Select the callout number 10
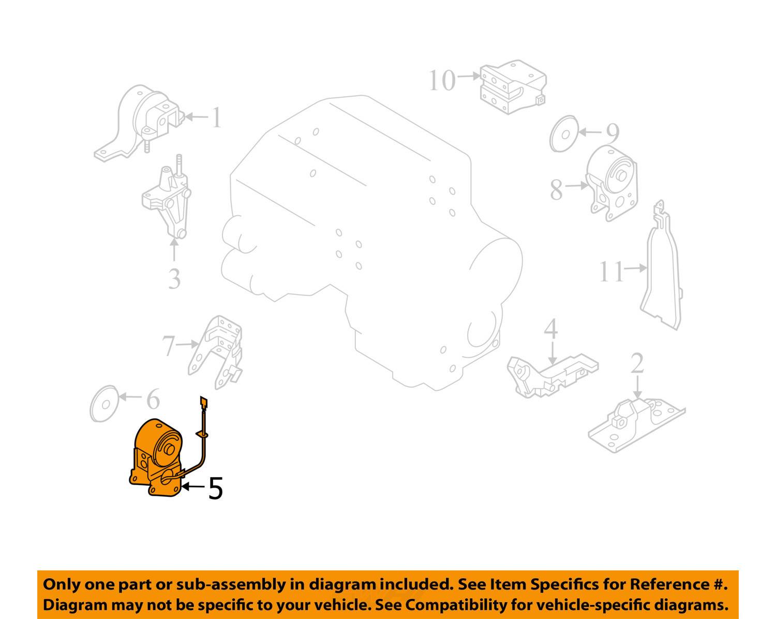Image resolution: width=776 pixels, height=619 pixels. pos(442,80)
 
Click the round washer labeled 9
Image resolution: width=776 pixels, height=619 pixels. pos(564,134)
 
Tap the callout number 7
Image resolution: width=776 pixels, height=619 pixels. pos(169,346)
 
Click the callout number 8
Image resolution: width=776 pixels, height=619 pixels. pos(557,190)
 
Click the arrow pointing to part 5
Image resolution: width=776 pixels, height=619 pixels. pos(193,487)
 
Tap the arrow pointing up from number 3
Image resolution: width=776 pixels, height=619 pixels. pos(174,250)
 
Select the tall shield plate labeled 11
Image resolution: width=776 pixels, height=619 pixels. pos(661,266)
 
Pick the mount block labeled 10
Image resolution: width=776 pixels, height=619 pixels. pos(513,87)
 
